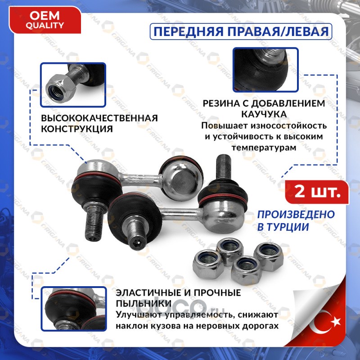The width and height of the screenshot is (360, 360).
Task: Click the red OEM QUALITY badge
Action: [x=45, y=20]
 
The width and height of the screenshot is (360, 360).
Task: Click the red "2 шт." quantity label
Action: [x=317, y=192]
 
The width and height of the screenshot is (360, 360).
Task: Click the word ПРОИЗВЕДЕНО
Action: [x=296, y=215]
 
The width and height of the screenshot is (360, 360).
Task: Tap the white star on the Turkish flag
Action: [x=336, y=322]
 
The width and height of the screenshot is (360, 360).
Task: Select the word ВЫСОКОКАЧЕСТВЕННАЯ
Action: [x=99, y=118]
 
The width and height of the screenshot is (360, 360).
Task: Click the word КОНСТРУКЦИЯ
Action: [x=77, y=129]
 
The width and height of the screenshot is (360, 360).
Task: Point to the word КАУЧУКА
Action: [x=264, y=114]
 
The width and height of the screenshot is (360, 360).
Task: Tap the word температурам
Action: [x=264, y=148]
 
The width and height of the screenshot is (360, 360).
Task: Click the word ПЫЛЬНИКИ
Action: [x=144, y=303]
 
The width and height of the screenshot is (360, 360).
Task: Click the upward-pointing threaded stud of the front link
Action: [x=224, y=166]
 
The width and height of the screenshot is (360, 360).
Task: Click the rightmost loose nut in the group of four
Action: [x=269, y=256]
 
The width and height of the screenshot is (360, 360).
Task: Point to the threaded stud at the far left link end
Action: [x=93, y=222]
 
